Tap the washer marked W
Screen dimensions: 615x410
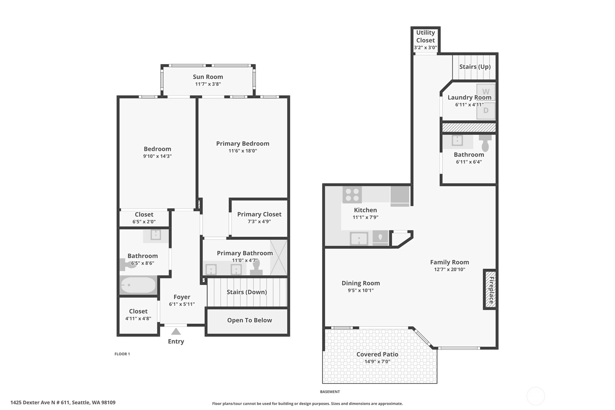click(x=486, y=91)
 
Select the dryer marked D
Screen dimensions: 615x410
click(x=486, y=111)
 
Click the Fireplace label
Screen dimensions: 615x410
click(x=491, y=290)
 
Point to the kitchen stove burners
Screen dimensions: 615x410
click(x=352, y=195)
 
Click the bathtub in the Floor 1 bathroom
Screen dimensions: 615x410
click(x=138, y=285)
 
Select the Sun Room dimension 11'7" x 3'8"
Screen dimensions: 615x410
click(x=208, y=84)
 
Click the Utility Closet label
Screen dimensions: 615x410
click(x=425, y=36)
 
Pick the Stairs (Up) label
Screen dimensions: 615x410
click(x=475, y=67)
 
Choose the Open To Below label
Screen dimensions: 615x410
click(x=249, y=320)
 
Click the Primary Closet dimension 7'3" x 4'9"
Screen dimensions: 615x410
click(x=259, y=221)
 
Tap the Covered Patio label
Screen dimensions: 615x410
click(x=377, y=354)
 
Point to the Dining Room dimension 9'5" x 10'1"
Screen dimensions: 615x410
click(x=361, y=290)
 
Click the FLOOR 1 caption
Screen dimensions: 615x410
click(x=122, y=354)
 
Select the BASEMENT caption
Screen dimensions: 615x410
click(x=330, y=392)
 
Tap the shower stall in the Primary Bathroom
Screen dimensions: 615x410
click(x=278, y=258)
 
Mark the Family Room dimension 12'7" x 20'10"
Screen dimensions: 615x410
click(x=449, y=269)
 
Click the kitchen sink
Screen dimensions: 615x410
click(x=359, y=239)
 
